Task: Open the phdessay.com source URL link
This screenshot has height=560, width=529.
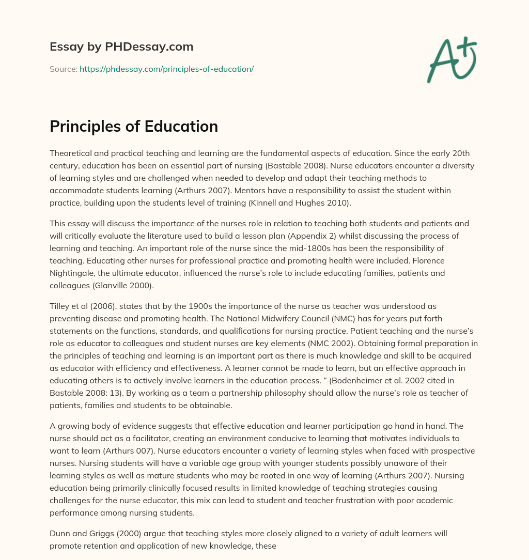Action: (x=166, y=69)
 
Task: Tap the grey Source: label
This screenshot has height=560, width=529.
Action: (x=63, y=69)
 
